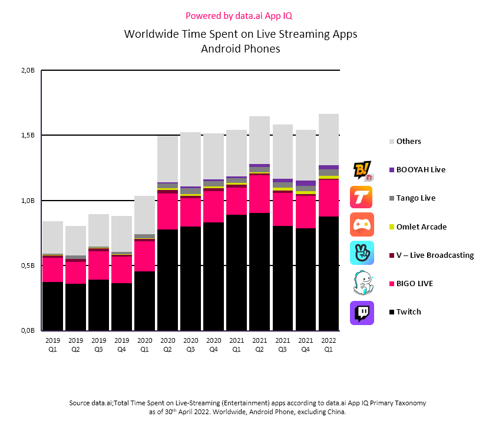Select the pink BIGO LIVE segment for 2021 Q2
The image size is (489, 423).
point(260,194)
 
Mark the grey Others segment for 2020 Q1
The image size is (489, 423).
point(145,215)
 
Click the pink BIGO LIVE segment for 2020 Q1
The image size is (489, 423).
point(145,255)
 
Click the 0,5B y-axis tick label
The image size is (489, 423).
point(28,265)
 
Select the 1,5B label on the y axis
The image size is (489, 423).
point(28,135)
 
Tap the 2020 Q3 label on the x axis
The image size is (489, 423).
point(191,344)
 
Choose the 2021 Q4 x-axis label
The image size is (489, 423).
point(306,344)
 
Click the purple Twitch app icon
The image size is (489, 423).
point(362,312)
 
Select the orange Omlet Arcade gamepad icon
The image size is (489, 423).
point(362,226)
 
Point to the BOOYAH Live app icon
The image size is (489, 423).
point(362,170)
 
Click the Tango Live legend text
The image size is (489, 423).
point(416,198)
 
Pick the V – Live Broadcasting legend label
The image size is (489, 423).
point(435,255)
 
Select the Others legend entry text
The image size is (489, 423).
point(409,142)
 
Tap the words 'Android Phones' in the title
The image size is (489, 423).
point(240,49)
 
